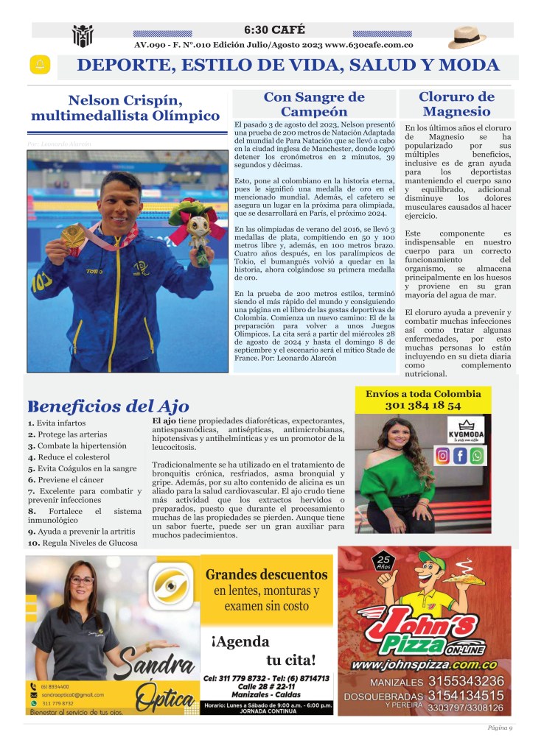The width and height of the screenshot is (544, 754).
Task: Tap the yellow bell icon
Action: (x=39, y=65)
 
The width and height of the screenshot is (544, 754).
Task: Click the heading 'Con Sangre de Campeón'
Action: (x=314, y=105)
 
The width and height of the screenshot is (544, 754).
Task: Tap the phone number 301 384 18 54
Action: (x=422, y=405)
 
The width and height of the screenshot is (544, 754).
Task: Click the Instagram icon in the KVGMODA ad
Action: (x=442, y=456)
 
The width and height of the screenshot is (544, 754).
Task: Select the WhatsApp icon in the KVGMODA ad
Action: (x=478, y=456)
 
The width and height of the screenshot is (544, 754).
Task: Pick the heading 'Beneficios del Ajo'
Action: (x=108, y=406)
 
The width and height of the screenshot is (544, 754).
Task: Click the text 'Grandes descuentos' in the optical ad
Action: (x=266, y=574)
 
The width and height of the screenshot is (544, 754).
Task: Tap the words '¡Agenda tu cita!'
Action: (x=266, y=649)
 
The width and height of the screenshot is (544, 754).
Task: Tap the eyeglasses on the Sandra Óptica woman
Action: (x=82, y=581)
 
